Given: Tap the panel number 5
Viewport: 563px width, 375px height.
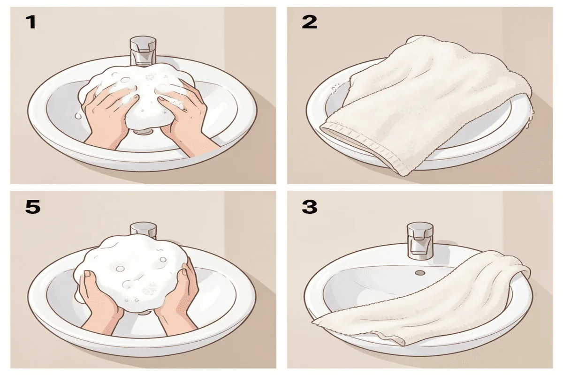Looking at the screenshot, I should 32,207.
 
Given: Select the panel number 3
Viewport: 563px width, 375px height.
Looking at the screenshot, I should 309,207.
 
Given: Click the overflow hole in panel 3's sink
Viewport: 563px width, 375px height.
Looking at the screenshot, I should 420,272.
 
